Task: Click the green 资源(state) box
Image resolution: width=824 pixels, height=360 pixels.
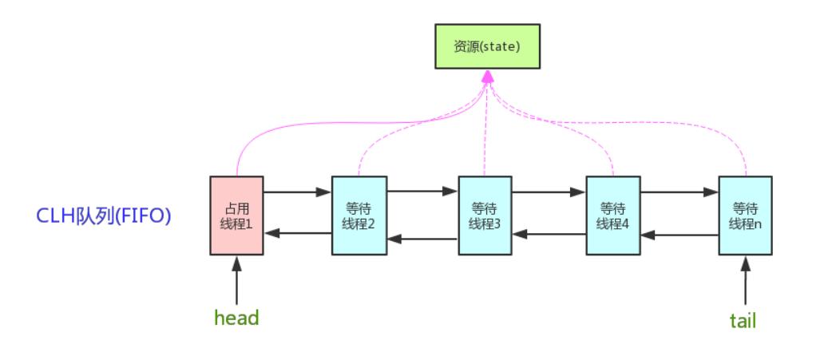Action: (487, 46)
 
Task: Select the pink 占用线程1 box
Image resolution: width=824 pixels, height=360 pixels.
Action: (236, 216)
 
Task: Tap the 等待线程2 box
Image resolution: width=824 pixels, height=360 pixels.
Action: (359, 216)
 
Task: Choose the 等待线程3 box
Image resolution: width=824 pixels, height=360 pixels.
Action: (485, 216)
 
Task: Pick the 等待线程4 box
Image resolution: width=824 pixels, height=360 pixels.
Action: (613, 216)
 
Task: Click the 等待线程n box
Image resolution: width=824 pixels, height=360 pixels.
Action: (745, 216)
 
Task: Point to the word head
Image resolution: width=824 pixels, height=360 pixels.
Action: (236, 318)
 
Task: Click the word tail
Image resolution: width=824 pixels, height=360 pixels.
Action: (743, 320)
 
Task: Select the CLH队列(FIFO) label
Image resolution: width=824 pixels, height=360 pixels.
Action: (104, 216)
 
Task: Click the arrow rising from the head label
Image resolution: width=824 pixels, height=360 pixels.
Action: (236, 280)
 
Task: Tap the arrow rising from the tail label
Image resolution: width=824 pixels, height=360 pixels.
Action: (745, 280)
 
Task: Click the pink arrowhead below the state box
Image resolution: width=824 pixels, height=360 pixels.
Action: (488, 77)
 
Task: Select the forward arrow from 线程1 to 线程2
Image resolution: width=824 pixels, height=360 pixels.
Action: (298, 192)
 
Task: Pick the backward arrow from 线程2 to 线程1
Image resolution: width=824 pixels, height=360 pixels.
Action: (298, 233)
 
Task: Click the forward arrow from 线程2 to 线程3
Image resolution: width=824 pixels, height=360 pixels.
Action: (422, 192)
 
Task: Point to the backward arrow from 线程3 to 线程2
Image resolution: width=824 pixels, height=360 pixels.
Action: (422, 239)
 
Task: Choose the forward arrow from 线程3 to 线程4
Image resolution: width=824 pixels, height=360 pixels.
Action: (549, 192)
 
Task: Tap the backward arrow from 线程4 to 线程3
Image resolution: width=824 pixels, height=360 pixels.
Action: (549, 235)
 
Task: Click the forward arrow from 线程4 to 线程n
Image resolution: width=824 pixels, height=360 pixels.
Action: (679, 192)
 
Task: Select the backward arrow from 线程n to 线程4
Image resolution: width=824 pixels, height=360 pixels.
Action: (679, 235)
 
